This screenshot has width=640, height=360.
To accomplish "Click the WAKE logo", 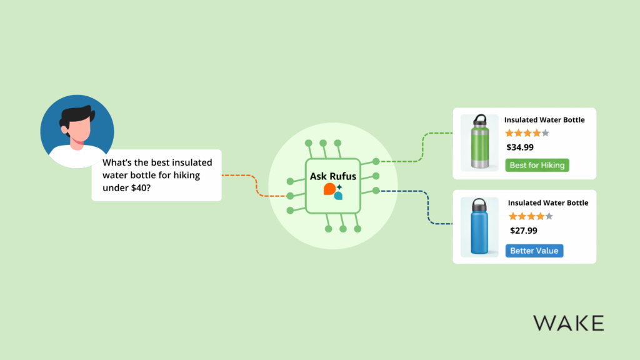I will coord(568,323).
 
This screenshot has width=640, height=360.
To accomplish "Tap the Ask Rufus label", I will coord(332,177).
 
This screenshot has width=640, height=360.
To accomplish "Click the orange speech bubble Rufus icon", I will coord(329,189).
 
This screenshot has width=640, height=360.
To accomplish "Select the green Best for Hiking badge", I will coord(537,165).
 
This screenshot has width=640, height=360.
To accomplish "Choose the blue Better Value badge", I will coord(534,251).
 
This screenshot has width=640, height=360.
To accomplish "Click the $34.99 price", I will coord(520,148).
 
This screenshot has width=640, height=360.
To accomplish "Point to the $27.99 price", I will coord(524,231).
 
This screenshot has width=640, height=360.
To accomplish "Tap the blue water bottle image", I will coord(479,228).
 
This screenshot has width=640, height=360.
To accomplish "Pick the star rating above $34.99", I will coord(527,133).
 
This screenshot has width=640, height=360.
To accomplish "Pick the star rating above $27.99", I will coord(531,216).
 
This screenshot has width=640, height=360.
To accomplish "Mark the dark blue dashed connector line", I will coord(425,206).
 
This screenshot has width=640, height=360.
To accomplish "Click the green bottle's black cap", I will coord(479,119).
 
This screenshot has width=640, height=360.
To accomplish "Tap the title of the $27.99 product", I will coord(548,203).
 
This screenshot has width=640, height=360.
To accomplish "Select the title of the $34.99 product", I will coord(544,120).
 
